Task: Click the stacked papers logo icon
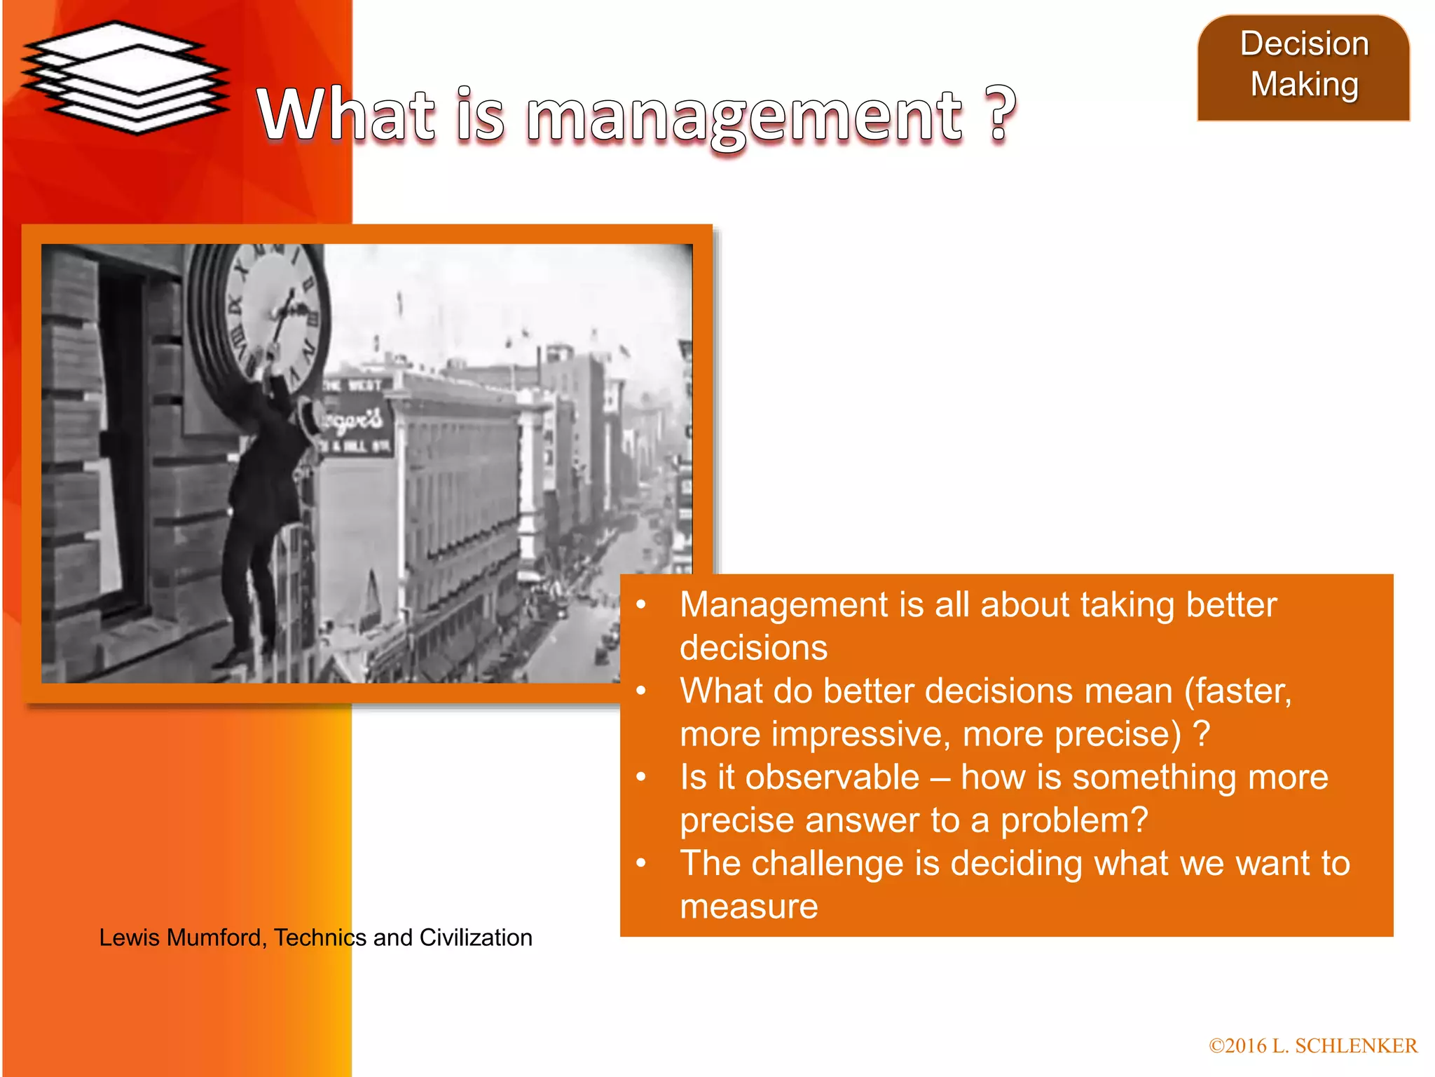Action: [x=125, y=77]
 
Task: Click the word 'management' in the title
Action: [x=744, y=116]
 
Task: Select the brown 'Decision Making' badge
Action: [x=1303, y=67]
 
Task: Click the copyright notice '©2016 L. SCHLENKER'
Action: [x=1312, y=1045]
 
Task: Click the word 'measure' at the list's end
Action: [x=748, y=907]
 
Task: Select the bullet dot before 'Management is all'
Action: [x=640, y=605]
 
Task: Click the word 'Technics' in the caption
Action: [x=320, y=937]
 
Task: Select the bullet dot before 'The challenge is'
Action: [x=640, y=864]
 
